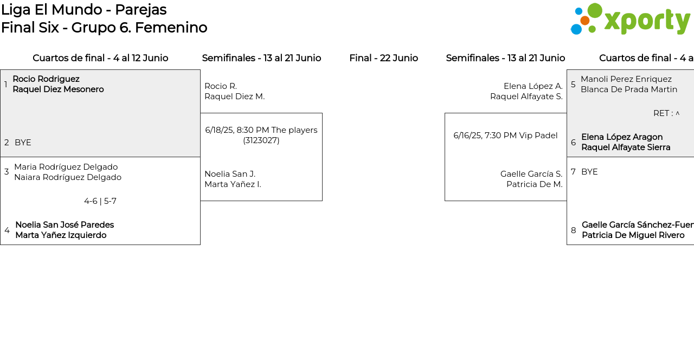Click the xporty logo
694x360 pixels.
click(631, 19)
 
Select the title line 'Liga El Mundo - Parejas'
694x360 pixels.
click(84, 10)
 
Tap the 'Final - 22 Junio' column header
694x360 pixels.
click(383, 58)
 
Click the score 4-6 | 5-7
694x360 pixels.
click(100, 201)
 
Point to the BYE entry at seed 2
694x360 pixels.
click(23, 143)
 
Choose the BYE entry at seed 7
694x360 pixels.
click(589, 172)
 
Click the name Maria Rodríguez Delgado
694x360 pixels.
click(66, 167)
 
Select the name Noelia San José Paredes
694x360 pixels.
click(65, 225)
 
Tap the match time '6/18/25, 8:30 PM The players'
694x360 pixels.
click(261, 130)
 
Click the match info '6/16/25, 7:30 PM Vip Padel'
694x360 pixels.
click(505, 136)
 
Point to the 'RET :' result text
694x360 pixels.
click(663, 113)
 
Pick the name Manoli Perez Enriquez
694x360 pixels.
click(626, 79)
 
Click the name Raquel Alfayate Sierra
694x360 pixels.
click(626, 147)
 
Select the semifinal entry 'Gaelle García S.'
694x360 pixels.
click(531, 174)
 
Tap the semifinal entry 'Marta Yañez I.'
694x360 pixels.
click(233, 184)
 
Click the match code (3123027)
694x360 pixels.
click(261, 140)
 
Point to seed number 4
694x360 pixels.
click(7, 230)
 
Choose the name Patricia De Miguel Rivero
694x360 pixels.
click(633, 235)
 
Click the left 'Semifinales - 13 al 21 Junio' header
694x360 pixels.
click(261, 58)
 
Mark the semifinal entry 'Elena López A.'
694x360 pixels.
click(533, 86)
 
